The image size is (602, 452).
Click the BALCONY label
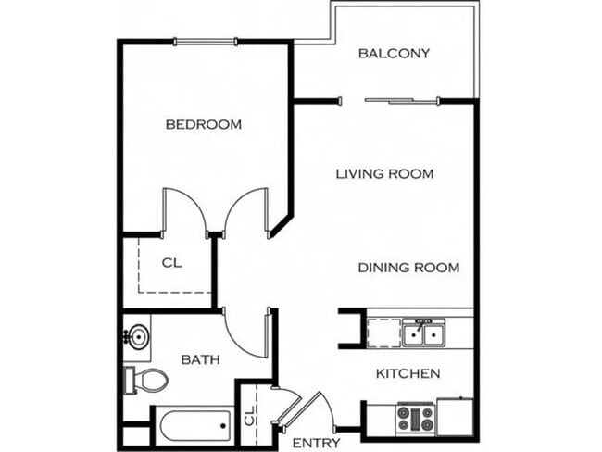point(394,53)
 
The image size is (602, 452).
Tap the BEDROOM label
point(203,124)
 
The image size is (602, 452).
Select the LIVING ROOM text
point(384,173)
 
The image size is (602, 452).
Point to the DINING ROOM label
point(408,268)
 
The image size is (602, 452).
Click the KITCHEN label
point(407,374)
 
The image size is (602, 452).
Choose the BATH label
point(200,359)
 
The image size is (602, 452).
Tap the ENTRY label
point(316,443)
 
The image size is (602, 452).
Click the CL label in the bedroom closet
point(171,262)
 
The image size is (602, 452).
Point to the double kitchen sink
point(425,332)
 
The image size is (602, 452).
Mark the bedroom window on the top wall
point(206,41)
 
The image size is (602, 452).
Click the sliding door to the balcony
point(402,100)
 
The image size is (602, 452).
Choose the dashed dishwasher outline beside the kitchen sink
point(383,332)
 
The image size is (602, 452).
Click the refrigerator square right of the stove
point(456,416)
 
